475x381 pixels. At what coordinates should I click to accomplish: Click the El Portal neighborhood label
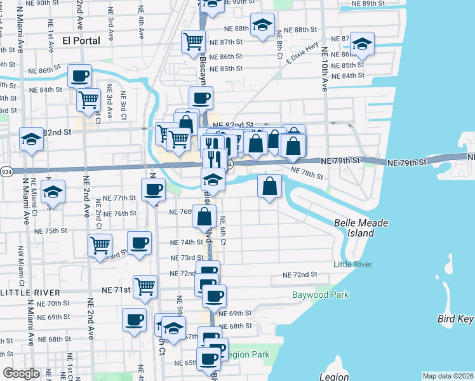tap(83, 41)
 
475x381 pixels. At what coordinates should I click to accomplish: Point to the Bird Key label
tap(455, 319)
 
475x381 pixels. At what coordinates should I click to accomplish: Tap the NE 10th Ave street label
tap(324, 69)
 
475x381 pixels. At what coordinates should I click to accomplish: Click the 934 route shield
tap(6, 171)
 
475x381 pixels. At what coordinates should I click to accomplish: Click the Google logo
tap(21, 373)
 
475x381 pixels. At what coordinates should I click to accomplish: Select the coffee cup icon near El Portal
tap(80, 76)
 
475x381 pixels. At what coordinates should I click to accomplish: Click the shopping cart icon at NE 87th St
tap(193, 42)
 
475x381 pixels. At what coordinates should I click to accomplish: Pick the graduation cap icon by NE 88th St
tap(262, 25)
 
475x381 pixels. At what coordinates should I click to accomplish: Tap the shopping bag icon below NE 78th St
tap(269, 186)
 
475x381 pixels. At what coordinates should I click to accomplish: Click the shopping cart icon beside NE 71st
tap(145, 286)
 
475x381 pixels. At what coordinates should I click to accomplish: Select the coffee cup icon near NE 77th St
tap(152, 189)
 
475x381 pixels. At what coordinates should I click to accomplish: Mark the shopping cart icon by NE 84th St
tap(88, 99)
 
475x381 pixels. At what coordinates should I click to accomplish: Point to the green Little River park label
tap(351, 264)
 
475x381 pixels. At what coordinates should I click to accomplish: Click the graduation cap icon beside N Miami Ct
tap(53, 191)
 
